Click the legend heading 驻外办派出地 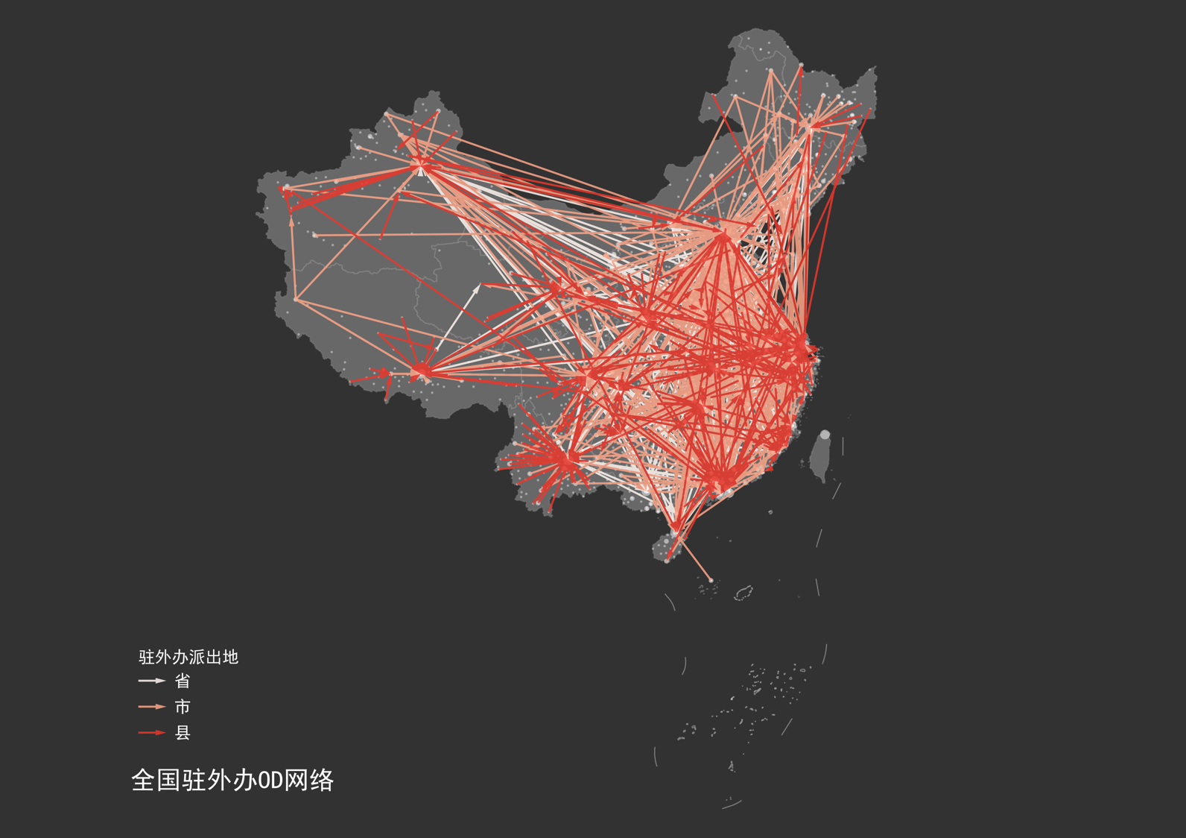coord(188,657)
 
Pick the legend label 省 coord(183,681)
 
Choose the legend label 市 coord(183,707)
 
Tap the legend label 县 coord(183,733)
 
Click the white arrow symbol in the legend coord(152,681)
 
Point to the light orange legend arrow coord(152,707)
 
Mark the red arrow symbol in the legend coord(152,733)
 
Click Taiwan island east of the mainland coord(821,456)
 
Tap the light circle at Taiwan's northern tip coord(825,435)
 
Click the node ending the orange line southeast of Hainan coord(711,580)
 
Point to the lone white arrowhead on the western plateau coord(478,286)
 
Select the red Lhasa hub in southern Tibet coord(422,371)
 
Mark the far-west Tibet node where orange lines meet coord(296,300)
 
